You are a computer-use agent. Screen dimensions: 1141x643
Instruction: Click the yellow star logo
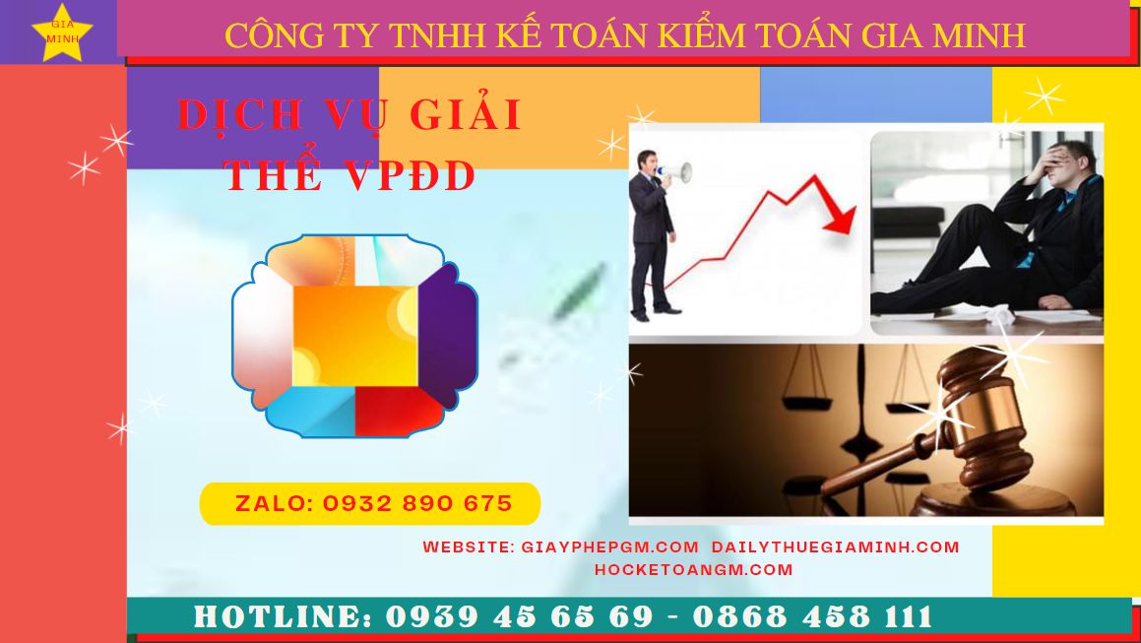coord(63,33)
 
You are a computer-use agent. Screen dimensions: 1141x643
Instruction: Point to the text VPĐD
coord(410,175)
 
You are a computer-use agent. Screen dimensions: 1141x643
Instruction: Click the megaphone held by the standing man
coord(675,172)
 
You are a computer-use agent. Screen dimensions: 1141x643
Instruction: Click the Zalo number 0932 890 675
coord(417,503)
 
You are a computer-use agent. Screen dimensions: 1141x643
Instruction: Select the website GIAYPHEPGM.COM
coord(609,547)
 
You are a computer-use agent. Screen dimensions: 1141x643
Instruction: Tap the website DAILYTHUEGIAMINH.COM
coord(836,547)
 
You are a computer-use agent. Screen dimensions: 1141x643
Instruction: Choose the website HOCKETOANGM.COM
coord(693,569)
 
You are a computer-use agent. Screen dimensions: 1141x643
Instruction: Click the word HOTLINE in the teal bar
coord(283,616)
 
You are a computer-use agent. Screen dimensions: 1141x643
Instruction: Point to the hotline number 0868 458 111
coord(812,616)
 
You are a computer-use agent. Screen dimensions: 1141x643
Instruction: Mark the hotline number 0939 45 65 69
coord(519,616)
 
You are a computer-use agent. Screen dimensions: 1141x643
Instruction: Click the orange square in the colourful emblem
coord(355,336)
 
